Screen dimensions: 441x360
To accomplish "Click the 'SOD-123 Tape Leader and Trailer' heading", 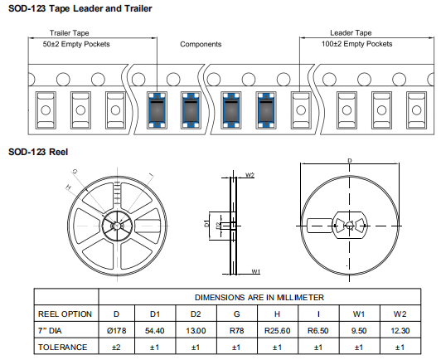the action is [80, 8].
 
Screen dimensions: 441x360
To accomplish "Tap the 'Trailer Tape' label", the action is [69, 33].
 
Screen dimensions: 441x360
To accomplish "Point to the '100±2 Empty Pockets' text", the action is [356, 44].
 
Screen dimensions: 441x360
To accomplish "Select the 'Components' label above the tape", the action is [201, 44].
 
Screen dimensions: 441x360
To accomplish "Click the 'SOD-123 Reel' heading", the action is [38, 152].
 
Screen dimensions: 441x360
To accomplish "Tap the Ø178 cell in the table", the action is [116, 330].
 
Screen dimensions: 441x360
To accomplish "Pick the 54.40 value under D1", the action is [155, 330].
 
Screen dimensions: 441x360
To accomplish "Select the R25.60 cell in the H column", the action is [278, 330].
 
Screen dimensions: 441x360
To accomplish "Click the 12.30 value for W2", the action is [400, 330].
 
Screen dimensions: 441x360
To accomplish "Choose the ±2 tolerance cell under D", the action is [116, 348].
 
